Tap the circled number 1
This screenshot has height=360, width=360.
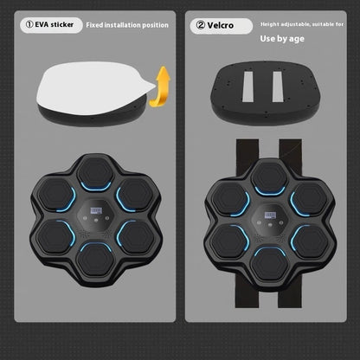pyautogui.click(x=28, y=26)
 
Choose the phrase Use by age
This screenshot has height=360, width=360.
pyautogui.click(x=283, y=39)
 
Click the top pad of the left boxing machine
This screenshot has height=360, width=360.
pyautogui.click(x=95, y=171)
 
